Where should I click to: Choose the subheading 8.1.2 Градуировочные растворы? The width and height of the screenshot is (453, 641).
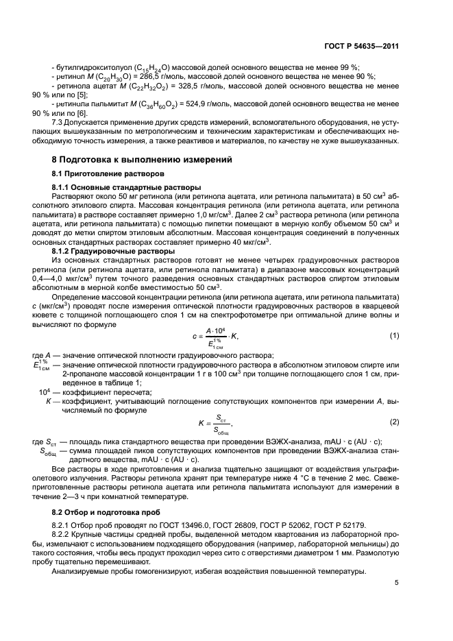[113, 251]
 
